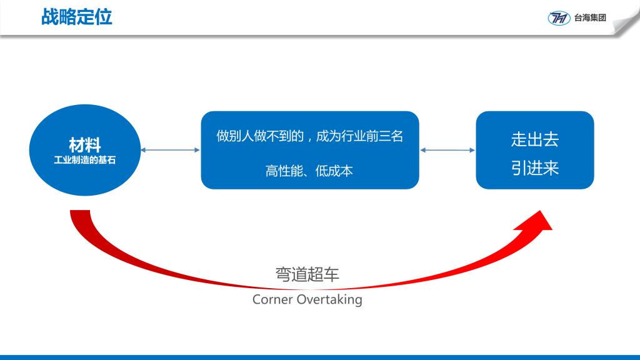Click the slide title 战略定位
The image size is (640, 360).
pyautogui.click(x=76, y=17)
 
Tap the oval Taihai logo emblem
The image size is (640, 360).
pyautogui.click(x=559, y=18)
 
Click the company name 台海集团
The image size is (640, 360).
pyautogui.click(x=591, y=18)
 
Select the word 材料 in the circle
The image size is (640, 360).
pyautogui.click(x=85, y=145)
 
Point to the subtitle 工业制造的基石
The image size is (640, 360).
pyautogui.click(x=85, y=160)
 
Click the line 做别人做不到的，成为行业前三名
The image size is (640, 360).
pyautogui.click(x=309, y=136)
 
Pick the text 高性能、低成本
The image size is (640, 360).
pyautogui.click(x=309, y=171)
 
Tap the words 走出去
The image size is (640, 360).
pyautogui.click(x=534, y=140)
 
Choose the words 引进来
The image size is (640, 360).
pyautogui.click(x=534, y=169)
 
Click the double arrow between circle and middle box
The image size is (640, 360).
pyautogui.click(x=171, y=150)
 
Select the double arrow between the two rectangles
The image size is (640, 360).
pyautogui.click(x=447, y=150)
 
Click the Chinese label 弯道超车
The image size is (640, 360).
pyautogui.click(x=307, y=275)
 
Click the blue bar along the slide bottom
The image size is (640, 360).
pyautogui.click(x=320, y=357)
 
